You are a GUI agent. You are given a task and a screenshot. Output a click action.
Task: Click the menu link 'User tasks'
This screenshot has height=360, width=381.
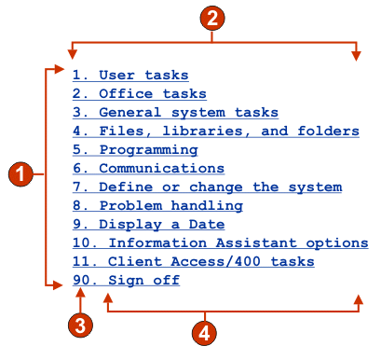[130, 75]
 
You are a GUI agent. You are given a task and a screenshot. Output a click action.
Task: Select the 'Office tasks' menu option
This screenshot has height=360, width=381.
[139, 93]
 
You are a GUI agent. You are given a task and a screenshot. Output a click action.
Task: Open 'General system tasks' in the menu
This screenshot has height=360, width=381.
[175, 112]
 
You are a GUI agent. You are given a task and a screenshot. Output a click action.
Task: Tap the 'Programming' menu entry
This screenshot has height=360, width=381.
[135, 149]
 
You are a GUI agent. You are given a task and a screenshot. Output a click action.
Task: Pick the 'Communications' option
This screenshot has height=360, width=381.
[148, 168]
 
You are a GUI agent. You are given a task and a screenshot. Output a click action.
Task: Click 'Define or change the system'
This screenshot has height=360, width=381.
[207, 187]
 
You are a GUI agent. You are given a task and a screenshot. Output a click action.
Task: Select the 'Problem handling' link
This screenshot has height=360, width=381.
[157, 205]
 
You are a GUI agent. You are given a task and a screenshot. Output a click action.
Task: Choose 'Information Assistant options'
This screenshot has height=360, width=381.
[220, 242]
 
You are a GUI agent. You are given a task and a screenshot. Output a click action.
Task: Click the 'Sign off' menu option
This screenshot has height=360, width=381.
[126, 280]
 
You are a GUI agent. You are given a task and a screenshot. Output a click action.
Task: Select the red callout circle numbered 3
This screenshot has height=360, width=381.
[82, 326]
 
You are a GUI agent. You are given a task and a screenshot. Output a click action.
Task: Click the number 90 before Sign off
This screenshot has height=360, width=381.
[81, 280]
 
